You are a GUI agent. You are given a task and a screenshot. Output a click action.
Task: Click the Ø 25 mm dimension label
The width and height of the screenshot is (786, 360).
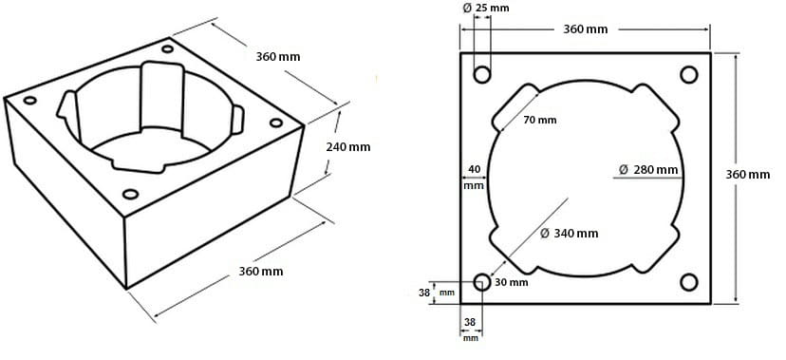[485, 8]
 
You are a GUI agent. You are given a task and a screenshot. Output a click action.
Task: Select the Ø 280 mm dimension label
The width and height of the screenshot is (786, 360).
[648, 169]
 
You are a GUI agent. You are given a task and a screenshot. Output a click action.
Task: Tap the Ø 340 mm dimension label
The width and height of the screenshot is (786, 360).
[569, 233]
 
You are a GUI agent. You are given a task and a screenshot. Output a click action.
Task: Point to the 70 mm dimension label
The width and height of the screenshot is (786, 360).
[539, 121]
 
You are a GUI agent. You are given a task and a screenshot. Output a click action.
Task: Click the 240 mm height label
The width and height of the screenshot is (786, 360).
[347, 147]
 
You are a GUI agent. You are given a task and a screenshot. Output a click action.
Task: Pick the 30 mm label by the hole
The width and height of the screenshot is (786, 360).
[512, 282]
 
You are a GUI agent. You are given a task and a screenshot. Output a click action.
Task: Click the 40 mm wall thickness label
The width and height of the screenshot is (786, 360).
[473, 177]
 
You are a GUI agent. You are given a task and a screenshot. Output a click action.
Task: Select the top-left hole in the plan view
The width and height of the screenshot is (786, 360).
[482, 75]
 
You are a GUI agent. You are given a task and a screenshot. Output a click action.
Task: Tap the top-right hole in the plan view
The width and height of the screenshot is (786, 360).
[689, 75]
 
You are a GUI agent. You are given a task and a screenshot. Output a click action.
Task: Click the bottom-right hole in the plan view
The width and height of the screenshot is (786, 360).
[689, 282]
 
